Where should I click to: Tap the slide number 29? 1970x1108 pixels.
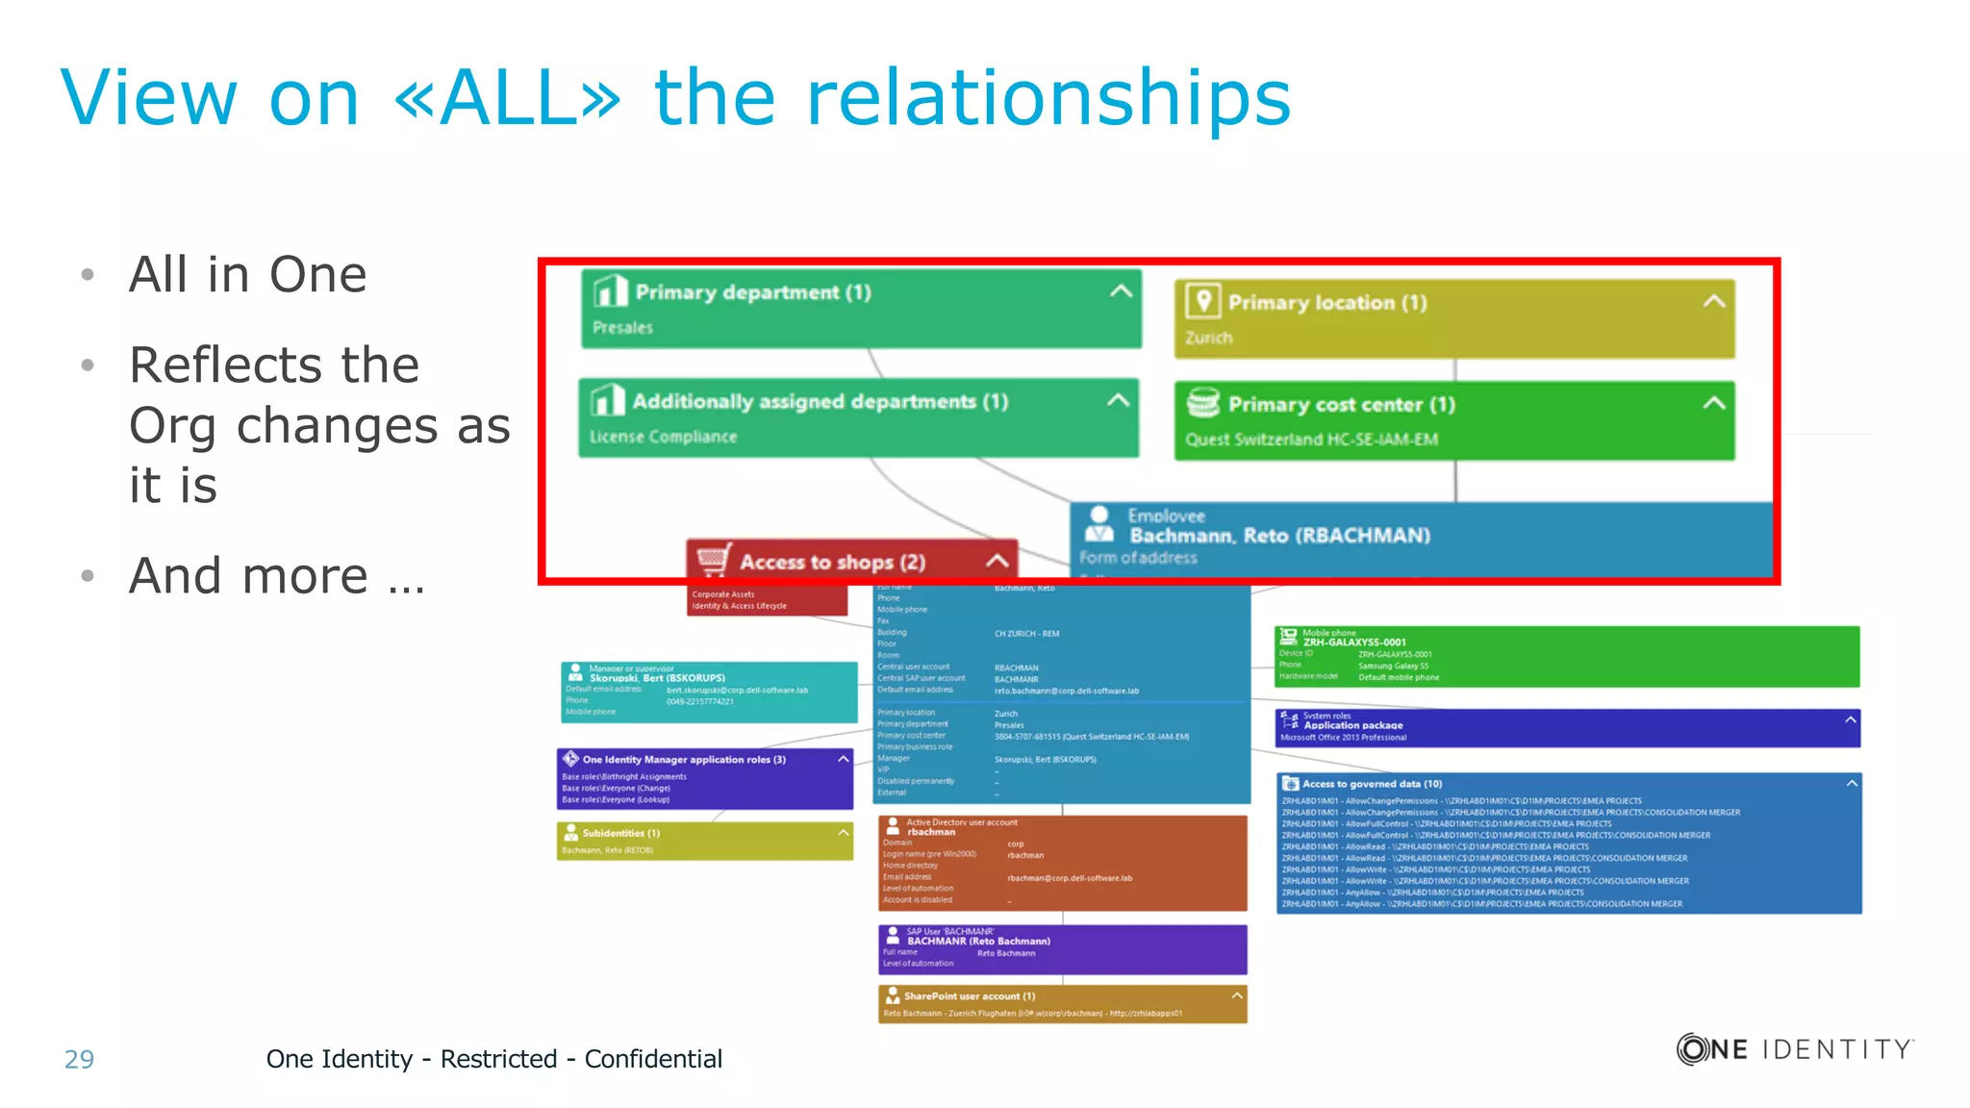pyautogui.click(x=79, y=1059)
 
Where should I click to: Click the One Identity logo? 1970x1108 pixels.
pyautogui.click(x=1795, y=1048)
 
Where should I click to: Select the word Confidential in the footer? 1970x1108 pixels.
pyautogui.click(x=653, y=1059)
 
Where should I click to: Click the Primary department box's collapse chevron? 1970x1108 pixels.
pyautogui.click(x=1121, y=290)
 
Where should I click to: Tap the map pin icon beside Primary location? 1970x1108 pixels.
pyautogui.click(x=1202, y=301)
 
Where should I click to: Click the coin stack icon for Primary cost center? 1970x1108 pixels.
pyautogui.click(x=1202, y=403)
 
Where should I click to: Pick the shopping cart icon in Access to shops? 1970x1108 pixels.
pyautogui.click(x=714, y=560)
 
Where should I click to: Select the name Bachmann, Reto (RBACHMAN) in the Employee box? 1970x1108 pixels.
pyautogui.click(x=1279, y=536)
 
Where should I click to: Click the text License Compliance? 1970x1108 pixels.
pyautogui.click(x=663, y=437)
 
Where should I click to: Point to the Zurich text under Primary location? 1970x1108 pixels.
pyautogui.click(x=1208, y=338)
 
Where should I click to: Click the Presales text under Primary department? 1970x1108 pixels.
pyautogui.click(x=622, y=327)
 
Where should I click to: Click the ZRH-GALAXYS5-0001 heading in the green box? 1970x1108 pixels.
pyautogui.click(x=1354, y=642)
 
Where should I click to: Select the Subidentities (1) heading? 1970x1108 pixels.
pyautogui.click(x=620, y=833)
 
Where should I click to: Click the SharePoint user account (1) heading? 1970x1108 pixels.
pyautogui.click(x=969, y=996)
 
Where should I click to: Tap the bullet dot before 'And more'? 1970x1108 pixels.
pyautogui.click(x=88, y=576)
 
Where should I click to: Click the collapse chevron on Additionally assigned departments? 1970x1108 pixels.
pyautogui.click(x=1118, y=400)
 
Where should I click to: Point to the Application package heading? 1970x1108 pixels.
pyautogui.click(x=1353, y=725)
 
